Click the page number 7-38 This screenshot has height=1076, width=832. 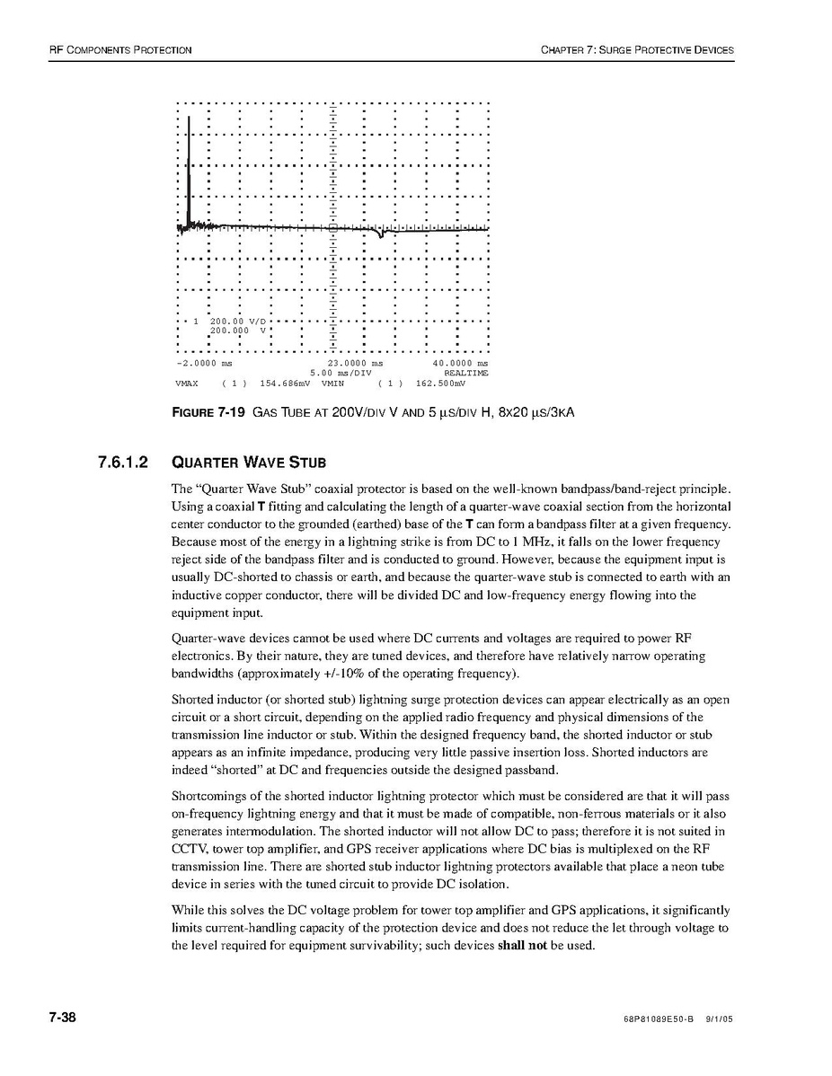tap(62, 1018)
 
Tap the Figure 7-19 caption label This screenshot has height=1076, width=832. tap(208, 413)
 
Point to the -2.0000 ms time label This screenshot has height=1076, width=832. tap(205, 363)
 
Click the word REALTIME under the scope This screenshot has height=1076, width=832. tap(466, 373)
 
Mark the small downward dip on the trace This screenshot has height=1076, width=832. tap(383, 235)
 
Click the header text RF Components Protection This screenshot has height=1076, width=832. tap(119, 49)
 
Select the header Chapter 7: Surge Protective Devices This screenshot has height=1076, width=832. tap(637, 49)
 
